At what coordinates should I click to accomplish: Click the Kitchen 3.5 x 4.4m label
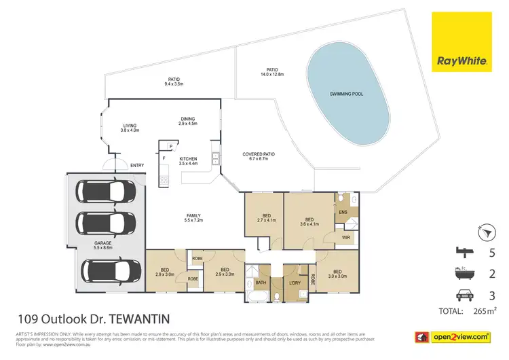coord(188,161)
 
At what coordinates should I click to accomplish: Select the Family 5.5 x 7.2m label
coord(195,219)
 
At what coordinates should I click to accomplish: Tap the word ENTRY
coord(138,165)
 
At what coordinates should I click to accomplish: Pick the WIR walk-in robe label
coord(346,238)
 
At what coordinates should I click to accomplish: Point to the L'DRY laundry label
coord(295,282)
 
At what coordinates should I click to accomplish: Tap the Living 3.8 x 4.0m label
coord(130,127)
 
